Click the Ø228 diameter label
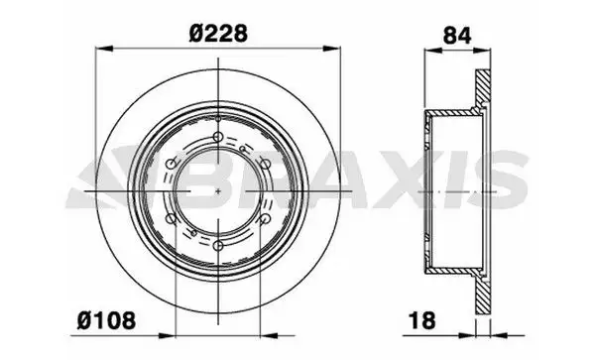pyautogui.click(x=218, y=34)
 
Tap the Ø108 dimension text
pyautogui.click(x=106, y=320)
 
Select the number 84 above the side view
pyautogui.click(x=457, y=36)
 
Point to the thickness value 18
pyautogui.click(x=422, y=320)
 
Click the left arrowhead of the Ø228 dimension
pyautogui.click(x=105, y=49)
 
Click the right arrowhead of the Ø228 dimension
pyautogui.click(x=331, y=49)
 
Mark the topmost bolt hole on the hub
pyautogui.click(x=218, y=137)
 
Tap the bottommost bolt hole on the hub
pyautogui.click(x=218, y=246)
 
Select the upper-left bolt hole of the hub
pyautogui.click(x=172, y=164)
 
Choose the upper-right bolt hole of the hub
pyautogui.click(x=266, y=164)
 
